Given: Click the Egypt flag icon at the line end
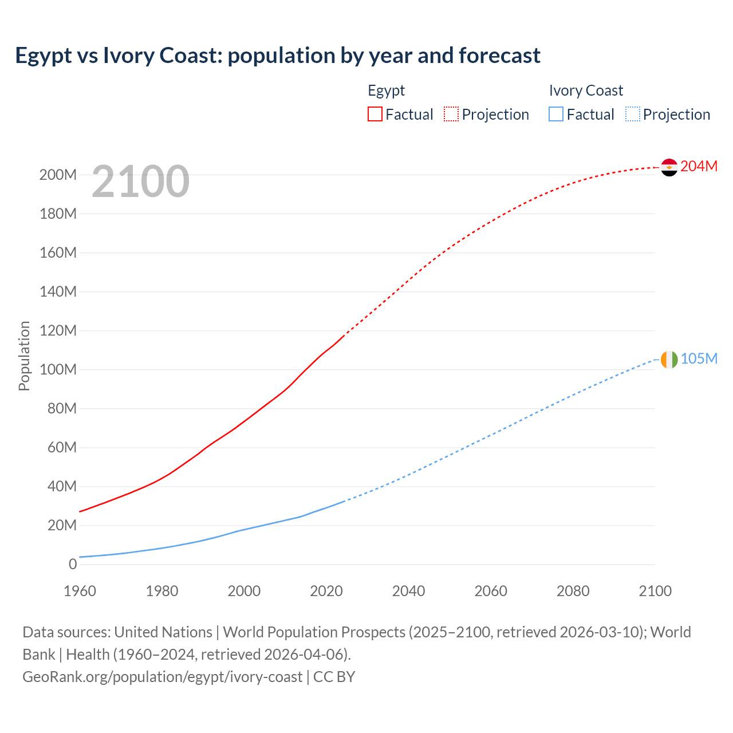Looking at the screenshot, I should tap(669, 167).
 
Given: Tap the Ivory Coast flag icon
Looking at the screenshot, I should tap(669, 360).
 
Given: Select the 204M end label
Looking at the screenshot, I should tap(699, 166).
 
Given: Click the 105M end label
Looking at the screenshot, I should tap(699, 358).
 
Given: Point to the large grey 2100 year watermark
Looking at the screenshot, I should tap(140, 181).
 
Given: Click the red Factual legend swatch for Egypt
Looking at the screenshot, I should tap(375, 114).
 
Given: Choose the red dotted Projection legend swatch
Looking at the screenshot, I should tap(451, 114).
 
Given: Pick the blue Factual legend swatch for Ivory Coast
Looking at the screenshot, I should tap(556, 114).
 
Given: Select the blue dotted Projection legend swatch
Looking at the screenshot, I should tap(633, 114).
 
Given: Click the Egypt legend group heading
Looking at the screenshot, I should tap(386, 90).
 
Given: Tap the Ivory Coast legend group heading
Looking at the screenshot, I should tap(585, 90).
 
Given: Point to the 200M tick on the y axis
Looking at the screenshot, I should tap(58, 175).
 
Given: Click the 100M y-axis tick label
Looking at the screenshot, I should tap(58, 369).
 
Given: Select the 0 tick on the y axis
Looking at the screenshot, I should tap(72, 564).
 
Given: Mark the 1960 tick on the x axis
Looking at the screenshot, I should tap(80, 591).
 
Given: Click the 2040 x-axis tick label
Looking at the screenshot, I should tap(408, 591).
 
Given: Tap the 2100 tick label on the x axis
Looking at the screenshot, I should tap(655, 591).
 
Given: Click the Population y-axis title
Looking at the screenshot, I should tap(24, 356).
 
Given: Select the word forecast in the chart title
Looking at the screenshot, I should tap(499, 56).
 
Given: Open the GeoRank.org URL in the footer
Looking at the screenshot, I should tap(162, 677).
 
